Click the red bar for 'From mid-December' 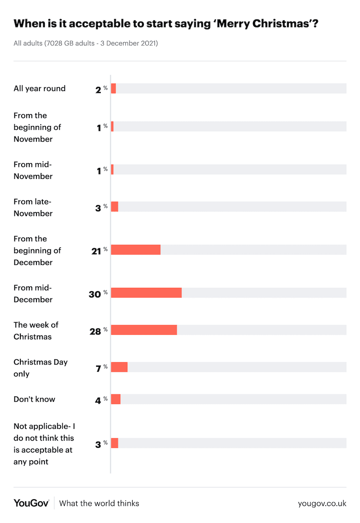[146, 292]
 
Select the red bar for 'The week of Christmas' [144, 330]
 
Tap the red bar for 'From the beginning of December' [136, 250]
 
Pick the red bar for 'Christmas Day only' [119, 367]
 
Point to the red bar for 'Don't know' [116, 399]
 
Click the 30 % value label [98, 293]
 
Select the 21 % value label [99, 250]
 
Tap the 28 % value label [98, 331]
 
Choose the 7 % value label [101, 368]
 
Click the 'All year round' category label [39, 89]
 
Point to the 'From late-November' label [33, 207]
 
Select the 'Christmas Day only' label [40, 368]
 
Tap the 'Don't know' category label [34, 399]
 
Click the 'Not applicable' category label [44, 444]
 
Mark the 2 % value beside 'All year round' [101, 89]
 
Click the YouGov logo [31, 503]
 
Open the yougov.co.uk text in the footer [322, 504]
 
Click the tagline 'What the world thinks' [99, 504]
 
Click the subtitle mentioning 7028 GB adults [86, 43]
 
